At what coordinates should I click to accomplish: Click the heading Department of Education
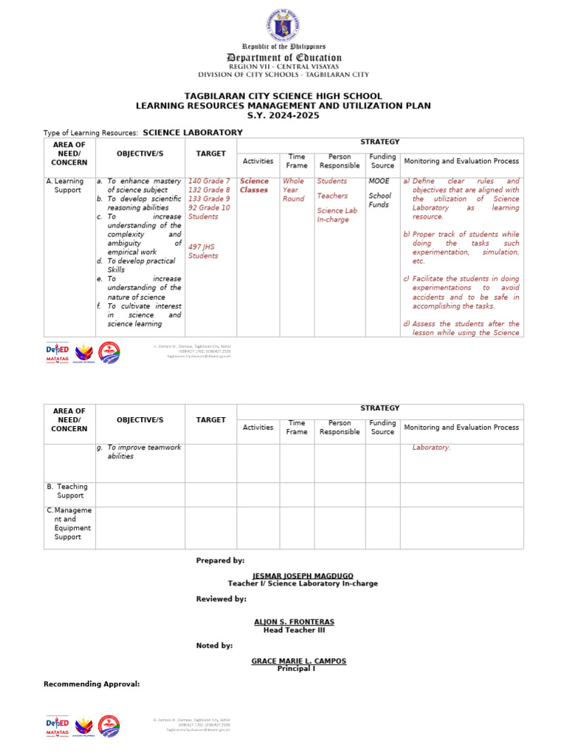283,58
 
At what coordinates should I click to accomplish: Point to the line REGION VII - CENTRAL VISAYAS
283,66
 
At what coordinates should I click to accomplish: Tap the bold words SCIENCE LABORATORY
192,132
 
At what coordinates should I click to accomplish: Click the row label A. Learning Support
66,185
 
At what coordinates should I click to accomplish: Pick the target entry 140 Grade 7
209,181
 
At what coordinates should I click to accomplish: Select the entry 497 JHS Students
203,251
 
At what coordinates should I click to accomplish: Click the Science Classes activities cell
255,185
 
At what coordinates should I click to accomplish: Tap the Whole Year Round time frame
293,190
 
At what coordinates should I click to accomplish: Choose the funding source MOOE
379,181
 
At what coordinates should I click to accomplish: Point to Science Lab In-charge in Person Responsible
333,215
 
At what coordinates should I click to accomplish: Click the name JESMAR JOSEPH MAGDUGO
303,575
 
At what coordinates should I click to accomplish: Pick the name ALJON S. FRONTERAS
294,622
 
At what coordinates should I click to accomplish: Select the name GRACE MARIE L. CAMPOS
298,661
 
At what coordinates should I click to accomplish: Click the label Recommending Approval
92,684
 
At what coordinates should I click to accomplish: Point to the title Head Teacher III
294,630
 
